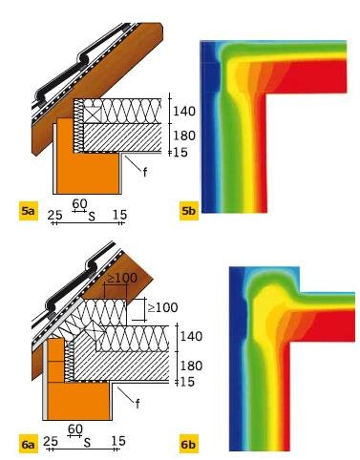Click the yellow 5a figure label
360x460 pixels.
coord(29,211)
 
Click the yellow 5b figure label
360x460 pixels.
coord(189,211)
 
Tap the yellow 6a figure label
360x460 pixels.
coord(28,443)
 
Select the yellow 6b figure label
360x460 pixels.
coord(189,443)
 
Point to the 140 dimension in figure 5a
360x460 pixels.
coord(184,112)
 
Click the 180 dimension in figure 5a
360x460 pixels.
coord(184,136)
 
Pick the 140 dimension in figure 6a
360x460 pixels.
coord(191,336)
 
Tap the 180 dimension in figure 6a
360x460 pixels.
coord(191,366)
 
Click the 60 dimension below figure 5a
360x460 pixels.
coord(79,203)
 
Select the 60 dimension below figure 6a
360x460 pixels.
coord(75,429)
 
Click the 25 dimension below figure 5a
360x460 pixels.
coord(54,215)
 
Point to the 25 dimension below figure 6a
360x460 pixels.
coord(51,441)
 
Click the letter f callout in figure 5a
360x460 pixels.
coord(145,172)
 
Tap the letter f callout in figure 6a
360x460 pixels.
coord(138,404)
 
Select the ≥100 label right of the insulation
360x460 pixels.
coord(162,307)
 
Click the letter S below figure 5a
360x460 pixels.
coord(92,217)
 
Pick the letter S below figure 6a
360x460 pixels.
coord(87,443)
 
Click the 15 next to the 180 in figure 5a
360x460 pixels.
coord(180,153)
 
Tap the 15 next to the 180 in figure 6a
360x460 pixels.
coord(187,382)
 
